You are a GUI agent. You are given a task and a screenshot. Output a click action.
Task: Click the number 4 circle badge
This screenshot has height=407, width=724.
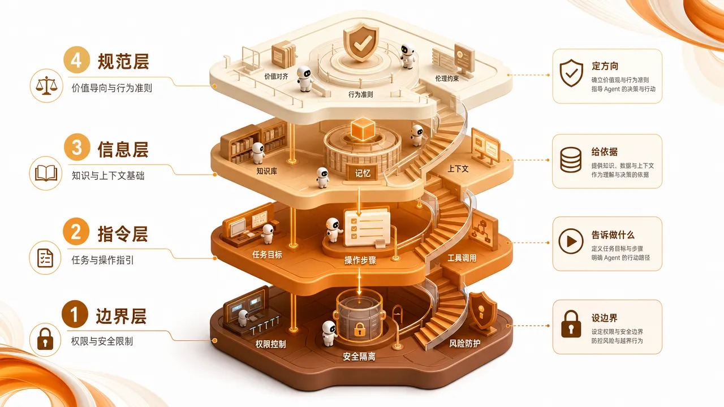(x=76, y=60)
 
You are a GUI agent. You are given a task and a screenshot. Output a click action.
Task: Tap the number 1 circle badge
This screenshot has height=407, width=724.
(x=75, y=314)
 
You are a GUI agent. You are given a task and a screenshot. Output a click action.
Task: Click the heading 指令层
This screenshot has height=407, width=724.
(x=123, y=234)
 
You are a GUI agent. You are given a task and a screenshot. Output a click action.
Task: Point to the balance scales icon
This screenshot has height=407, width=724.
(x=46, y=85)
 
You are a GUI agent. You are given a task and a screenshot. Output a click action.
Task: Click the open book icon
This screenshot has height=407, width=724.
(x=46, y=173)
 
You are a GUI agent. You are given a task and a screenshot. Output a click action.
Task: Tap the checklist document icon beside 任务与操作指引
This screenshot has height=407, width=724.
(x=45, y=258)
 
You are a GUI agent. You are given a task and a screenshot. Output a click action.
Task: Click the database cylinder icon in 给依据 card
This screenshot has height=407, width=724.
(x=571, y=160)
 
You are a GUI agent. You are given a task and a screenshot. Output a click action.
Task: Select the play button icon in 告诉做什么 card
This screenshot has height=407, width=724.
(x=571, y=241)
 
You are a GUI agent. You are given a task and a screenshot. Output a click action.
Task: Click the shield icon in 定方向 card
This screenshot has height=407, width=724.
(x=571, y=73)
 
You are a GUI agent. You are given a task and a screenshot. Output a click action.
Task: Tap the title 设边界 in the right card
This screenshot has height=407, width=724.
(x=605, y=318)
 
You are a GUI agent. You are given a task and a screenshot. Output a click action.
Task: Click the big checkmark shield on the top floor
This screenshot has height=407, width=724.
(x=361, y=42)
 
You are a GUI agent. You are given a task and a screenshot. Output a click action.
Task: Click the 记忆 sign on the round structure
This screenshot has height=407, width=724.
(x=363, y=173)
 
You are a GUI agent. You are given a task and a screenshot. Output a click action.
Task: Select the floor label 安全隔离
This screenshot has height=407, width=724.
(x=359, y=357)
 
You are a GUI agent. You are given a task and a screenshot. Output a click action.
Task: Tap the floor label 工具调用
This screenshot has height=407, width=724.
(x=462, y=258)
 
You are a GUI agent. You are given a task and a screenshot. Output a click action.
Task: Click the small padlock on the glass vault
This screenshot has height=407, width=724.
(x=359, y=329)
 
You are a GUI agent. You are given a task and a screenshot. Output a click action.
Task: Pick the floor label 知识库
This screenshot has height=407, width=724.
(x=266, y=171)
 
